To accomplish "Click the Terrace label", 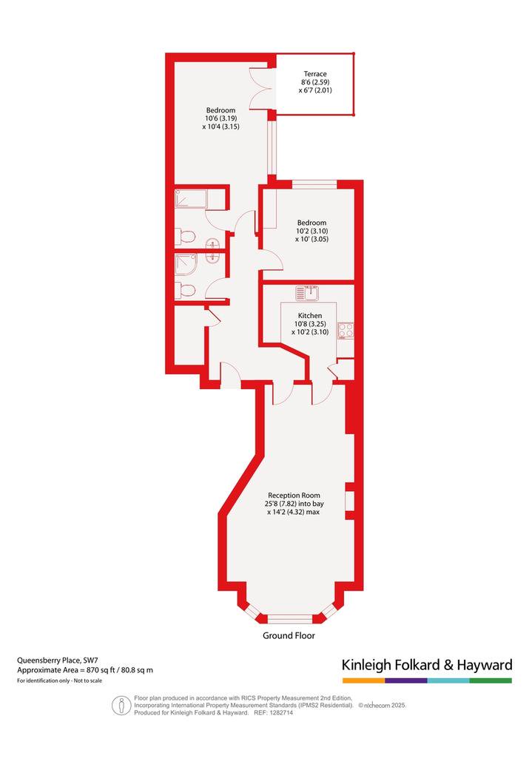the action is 315,74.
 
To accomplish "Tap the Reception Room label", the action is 294,495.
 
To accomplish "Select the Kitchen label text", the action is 310,316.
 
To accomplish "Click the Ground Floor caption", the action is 289,635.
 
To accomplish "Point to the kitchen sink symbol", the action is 307,294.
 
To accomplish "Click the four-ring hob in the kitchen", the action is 346,330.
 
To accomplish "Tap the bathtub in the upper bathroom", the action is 191,199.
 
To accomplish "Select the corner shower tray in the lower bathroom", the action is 186,265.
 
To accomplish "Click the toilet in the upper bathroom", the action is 185,237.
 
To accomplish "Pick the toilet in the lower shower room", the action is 185,291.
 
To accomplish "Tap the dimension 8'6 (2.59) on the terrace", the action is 315,82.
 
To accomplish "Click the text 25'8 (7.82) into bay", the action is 294,504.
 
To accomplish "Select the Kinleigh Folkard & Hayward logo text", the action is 427,665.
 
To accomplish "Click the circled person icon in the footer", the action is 121,705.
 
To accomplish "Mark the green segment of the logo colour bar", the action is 491,680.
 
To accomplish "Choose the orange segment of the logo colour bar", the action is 363,680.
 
